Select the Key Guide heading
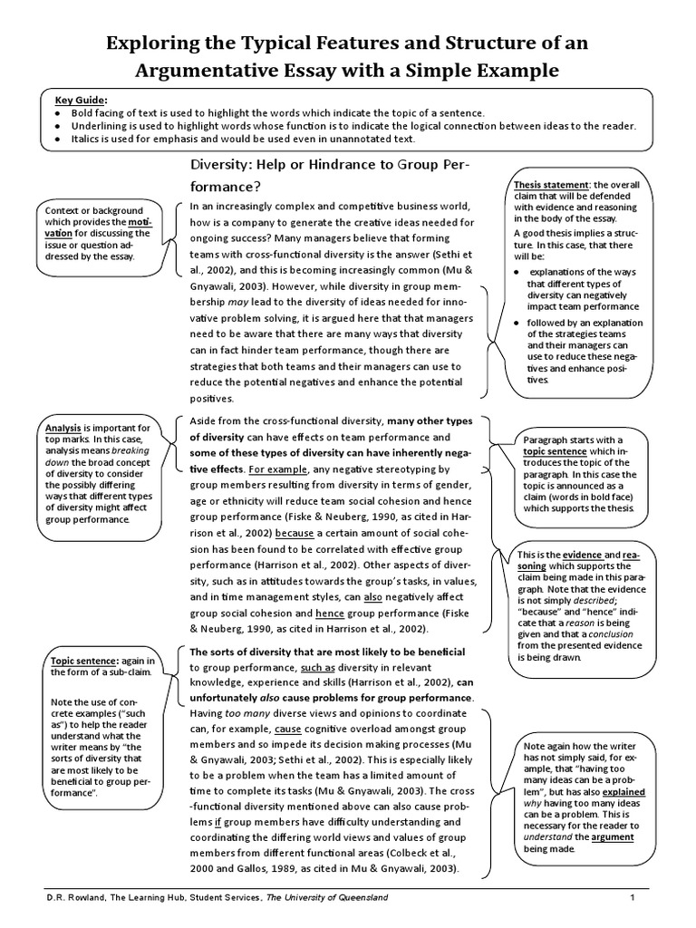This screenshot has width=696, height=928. [x=81, y=99]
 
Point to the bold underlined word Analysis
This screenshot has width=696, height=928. [x=63, y=428]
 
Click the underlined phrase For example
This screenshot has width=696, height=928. [x=278, y=469]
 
